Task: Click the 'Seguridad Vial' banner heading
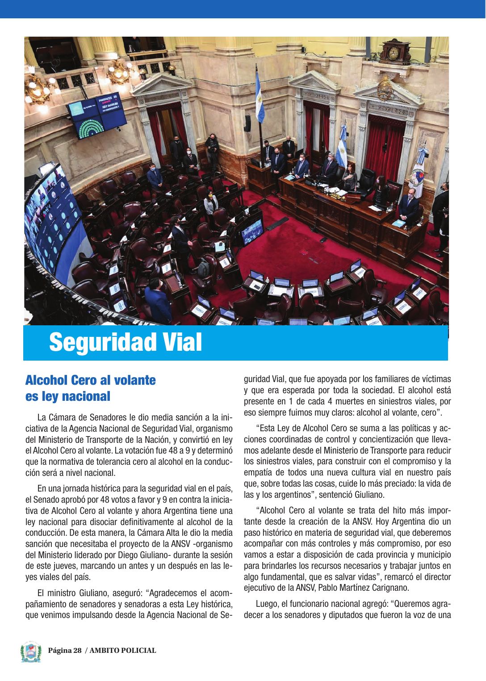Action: pos(126,343)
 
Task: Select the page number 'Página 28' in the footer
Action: pos(65,651)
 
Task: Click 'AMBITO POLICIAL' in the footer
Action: pos(123,651)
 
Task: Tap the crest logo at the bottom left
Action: pos(30,652)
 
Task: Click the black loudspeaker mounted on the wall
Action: pos(247,124)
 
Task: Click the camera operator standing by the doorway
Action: pos(212,150)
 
